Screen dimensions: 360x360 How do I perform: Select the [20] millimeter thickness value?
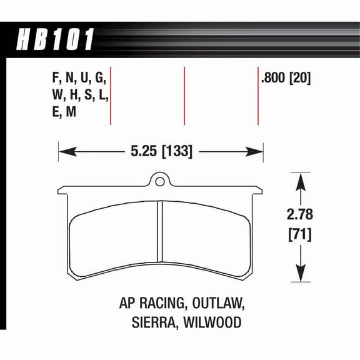(x=301, y=79)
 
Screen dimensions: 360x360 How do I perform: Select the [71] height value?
(x=299, y=236)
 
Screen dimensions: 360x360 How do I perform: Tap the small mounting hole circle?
(x=160, y=182)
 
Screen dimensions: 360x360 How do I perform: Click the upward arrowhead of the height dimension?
(x=299, y=181)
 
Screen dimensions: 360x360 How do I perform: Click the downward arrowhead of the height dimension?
(x=299, y=273)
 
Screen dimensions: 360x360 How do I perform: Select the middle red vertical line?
(x=184, y=96)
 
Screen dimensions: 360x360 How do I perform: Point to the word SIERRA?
(x=149, y=324)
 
